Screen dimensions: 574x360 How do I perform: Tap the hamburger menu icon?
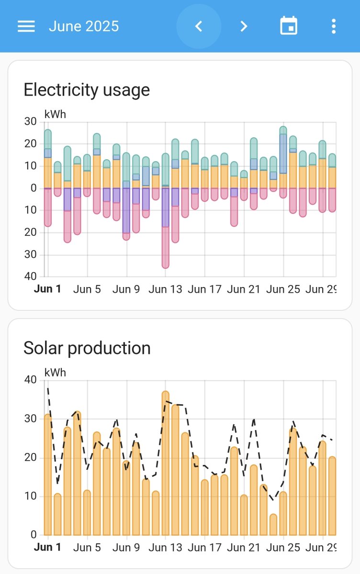click(x=26, y=26)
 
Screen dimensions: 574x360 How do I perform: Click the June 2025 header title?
click(x=84, y=26)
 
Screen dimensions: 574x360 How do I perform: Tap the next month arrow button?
click(x=244, y=26)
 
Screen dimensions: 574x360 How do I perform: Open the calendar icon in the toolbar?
click(x=289, y=26)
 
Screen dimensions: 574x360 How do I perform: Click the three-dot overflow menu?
click(x=334, y=26)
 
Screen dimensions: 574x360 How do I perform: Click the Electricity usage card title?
click(x=87, y=90)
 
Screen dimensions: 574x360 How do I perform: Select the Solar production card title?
click(x=87, y=348)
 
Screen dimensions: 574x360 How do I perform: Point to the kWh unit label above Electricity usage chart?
click(x=55, y=114)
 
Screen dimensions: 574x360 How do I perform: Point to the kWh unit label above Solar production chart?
click(x=55, y=372)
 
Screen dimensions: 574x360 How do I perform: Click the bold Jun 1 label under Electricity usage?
click(x=47, y=289)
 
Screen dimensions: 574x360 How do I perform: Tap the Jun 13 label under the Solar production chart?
click(x=166, y=547)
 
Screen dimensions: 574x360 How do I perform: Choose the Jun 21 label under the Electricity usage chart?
click(x=244, y=289)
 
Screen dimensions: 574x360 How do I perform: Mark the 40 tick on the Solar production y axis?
click(x=30, y=380)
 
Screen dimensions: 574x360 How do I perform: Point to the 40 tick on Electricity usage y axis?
click(x=30, y=276)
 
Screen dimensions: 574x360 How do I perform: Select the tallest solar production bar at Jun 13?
click(x=166, y=464)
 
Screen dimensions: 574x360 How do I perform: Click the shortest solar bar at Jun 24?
click(x=273, y=525)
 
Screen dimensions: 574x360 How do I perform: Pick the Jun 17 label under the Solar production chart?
click(x=204, y=547)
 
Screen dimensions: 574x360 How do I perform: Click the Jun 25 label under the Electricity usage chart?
click(x=283, y=289)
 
